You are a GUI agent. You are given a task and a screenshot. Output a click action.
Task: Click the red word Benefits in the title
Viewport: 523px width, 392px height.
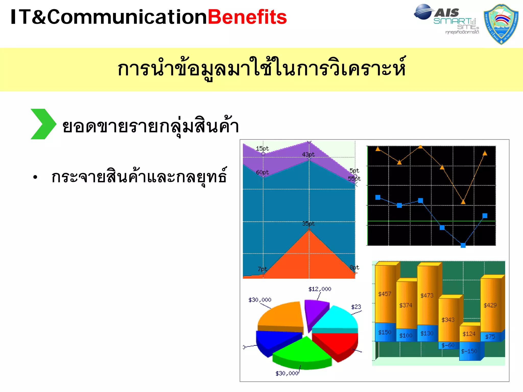pos(247,17)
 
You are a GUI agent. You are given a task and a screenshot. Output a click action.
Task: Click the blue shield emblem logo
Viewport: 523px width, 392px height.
pos(501,24)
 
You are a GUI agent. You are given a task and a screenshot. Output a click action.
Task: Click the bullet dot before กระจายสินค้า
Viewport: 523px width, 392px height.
pos(35,177)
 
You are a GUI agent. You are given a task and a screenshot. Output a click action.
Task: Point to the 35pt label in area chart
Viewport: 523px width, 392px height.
pos(308,224)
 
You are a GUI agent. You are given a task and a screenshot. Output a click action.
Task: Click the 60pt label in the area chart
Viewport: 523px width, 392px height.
pos(262,172)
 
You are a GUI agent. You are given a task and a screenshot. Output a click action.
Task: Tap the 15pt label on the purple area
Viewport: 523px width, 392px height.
pos(262,149)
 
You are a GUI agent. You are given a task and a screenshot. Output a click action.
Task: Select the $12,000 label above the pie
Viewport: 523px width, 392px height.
pos(320,289)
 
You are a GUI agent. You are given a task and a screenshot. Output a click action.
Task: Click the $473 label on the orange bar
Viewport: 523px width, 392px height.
pos(427,296)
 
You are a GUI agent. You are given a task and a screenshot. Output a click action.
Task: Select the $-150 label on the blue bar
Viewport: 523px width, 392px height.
pos(469,351)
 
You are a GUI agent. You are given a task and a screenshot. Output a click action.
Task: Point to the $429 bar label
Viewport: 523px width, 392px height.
pos(490,305)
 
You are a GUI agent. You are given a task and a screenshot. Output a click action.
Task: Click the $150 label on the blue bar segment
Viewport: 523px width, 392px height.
pos(385,332)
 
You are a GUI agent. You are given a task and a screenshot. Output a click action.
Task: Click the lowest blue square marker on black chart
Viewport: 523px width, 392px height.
pos(463,245)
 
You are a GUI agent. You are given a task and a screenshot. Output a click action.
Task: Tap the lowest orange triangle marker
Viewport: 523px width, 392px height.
pos(463,202)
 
